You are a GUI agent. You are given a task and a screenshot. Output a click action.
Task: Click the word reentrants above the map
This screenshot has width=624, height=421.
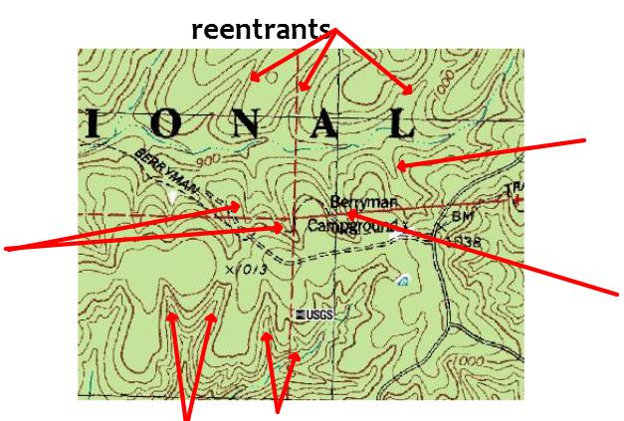261,30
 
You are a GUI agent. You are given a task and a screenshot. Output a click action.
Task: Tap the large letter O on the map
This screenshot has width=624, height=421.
168,123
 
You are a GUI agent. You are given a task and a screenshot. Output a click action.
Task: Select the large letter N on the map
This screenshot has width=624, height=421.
249,123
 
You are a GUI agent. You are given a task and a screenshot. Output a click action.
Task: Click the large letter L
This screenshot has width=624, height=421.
400,123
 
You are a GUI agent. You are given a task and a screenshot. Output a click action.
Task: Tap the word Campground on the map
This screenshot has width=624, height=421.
352,227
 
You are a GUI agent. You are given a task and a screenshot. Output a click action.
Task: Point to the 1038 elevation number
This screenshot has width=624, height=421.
464,241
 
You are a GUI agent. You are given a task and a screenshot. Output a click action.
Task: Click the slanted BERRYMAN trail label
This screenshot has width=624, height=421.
134,164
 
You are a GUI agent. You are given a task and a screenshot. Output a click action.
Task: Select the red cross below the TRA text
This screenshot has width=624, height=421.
517,201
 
